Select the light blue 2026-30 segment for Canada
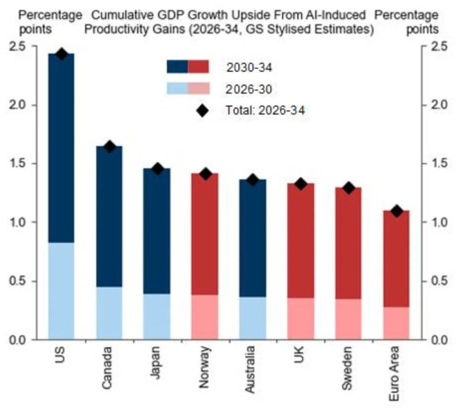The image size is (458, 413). [109, 313]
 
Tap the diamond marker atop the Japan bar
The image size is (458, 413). [158, 169]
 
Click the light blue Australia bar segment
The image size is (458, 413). [253, 318]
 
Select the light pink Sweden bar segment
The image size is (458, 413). [349, 319]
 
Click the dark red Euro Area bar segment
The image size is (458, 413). [397, 259]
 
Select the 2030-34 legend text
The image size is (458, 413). [249, 68]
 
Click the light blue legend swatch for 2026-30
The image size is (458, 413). [177, 89]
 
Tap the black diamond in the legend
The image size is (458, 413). [202, 110]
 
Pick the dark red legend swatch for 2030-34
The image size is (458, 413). [198, 67]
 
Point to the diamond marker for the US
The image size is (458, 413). [62, 54]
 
